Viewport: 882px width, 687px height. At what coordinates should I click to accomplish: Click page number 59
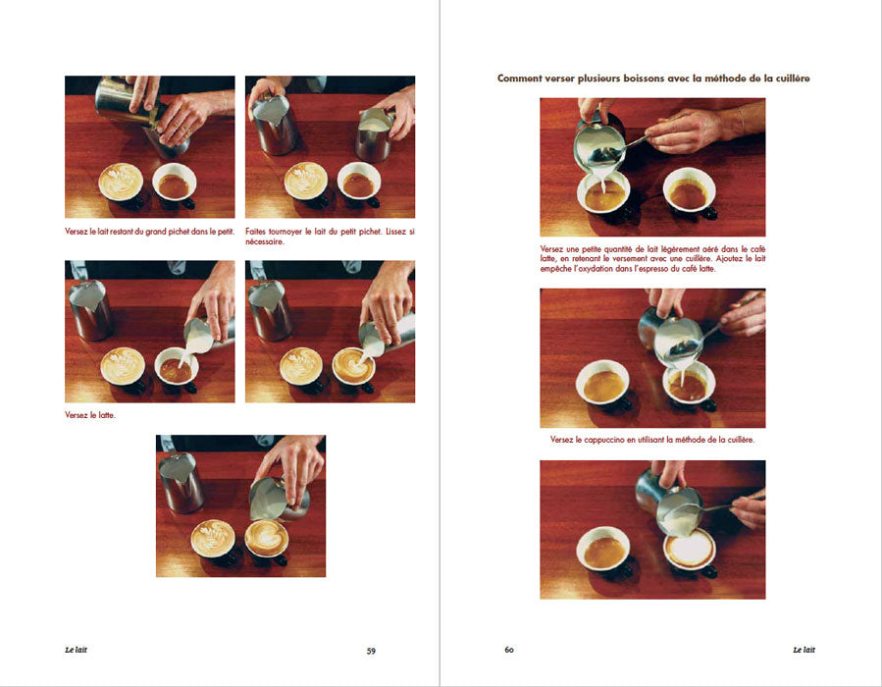coord(371,651)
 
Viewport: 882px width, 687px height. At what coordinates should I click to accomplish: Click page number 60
coord(509,650)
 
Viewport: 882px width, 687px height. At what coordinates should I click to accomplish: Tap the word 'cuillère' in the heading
coord(792,79)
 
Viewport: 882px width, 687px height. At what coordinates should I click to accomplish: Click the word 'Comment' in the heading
coord(520,79)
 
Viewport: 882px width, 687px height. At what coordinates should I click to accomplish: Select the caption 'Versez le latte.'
coord(90,415)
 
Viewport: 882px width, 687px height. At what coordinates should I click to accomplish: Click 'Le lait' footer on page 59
coord(76,650)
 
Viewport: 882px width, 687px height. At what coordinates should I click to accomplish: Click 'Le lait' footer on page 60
coord(804,650)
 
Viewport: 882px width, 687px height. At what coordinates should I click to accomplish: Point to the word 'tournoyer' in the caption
coord(285,232)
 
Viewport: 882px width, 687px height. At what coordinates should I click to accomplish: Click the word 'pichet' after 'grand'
coord(179,232)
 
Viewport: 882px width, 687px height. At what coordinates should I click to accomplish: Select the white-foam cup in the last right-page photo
coord(690,551)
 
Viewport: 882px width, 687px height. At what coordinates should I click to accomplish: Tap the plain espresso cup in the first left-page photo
coord(175,185)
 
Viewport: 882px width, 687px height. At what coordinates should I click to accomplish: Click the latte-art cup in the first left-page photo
coord(122,184)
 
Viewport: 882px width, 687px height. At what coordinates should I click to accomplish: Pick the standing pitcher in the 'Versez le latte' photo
coord(90,309)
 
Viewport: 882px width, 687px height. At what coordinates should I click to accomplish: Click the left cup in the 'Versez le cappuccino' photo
coord(603,385)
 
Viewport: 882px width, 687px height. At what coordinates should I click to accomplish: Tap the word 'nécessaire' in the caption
coord(264,242)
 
